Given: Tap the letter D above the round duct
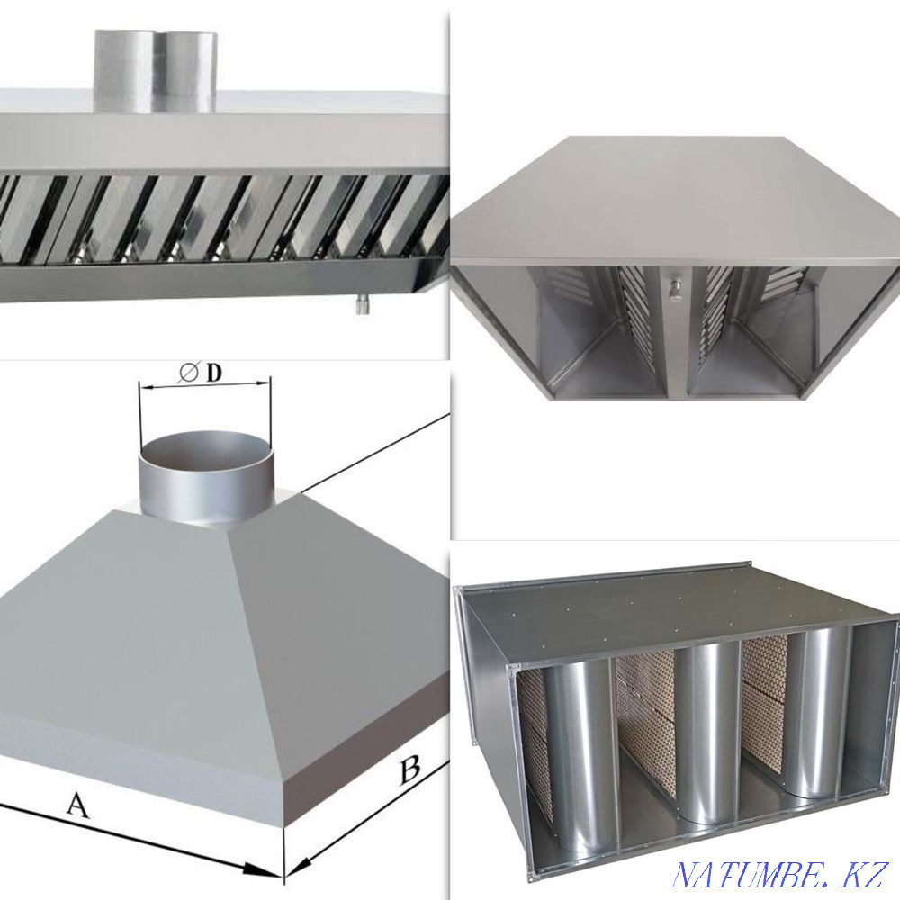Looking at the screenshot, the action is pos(213,373).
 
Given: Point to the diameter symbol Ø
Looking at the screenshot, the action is pos(189,373).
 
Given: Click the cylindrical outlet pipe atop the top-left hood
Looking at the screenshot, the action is pos(156,72).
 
